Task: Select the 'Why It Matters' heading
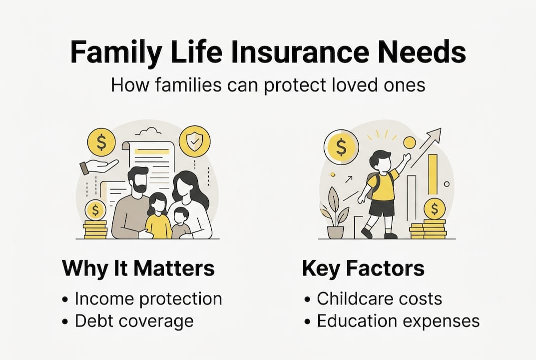[138, 268]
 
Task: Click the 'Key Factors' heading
[363, 268]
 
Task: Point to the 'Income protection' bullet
[148, 298]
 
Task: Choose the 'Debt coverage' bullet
[134, 321]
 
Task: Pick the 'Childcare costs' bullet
[379, 298]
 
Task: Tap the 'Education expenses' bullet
[398, 321]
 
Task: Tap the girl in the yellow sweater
[158, 214]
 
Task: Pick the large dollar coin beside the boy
[342, 147]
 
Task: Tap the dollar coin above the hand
[102, 142]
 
